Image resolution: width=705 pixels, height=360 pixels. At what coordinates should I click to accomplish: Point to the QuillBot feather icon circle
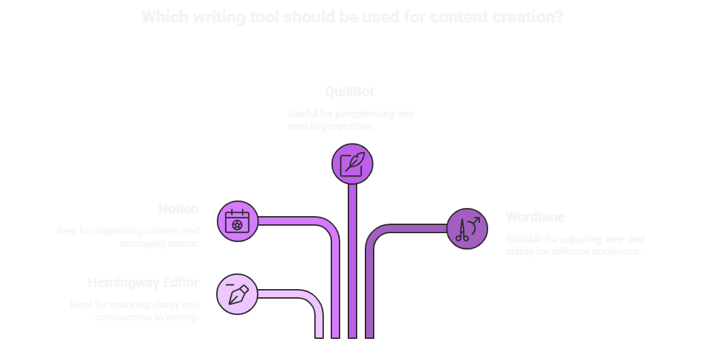[x=352, y=164]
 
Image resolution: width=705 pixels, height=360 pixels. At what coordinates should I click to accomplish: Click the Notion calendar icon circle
[x=237, y=221]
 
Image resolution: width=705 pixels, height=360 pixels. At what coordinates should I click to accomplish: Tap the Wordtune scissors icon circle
[x=467, y=228]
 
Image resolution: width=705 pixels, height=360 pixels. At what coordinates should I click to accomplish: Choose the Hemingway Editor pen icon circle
[x=237, y=295]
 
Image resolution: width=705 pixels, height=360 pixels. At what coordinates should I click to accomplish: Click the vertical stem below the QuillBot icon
[x=352, y=259]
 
